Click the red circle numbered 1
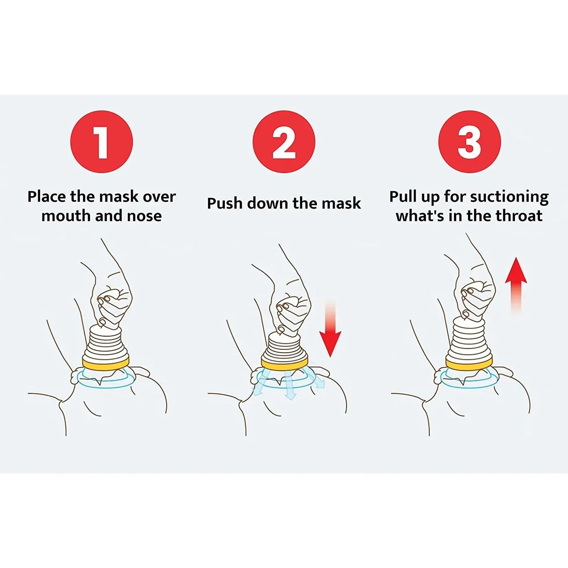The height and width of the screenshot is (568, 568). [x=101, y=142]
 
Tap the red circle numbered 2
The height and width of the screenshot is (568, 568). [x=284, y=142]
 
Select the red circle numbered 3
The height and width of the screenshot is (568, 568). [x=469, y=142]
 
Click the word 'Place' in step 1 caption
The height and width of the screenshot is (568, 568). [x=47, y=197]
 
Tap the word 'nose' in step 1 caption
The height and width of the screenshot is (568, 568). [x=144, y=216]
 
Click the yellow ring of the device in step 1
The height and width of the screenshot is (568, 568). [x=105, y=362]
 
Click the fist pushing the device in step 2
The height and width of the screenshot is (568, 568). [x=293, y=312]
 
